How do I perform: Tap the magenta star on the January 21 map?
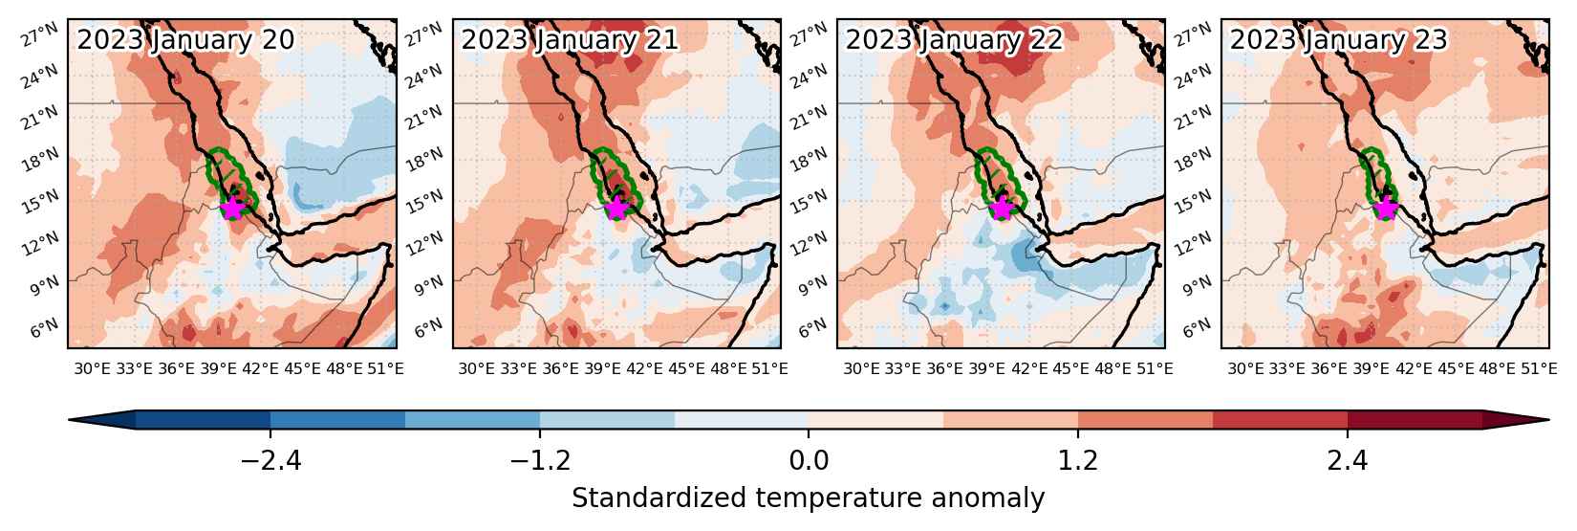point(616,208)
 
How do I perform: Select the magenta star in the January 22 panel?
point(1001,208)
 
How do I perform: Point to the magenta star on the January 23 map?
point(1386,208)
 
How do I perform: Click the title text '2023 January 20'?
point(185,39)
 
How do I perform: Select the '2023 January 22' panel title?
point(954,39)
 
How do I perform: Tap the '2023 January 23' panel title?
point(1338,39)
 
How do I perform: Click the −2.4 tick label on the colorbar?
point(271,460)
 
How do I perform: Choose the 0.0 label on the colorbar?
point(809,460)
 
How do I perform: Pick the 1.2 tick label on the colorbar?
point(1078,460)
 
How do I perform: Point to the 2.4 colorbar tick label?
point(1348,460)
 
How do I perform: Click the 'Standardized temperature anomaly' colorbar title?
point(809,498)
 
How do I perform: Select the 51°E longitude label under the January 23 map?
point(1538,368)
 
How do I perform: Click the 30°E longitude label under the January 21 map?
point(477,368)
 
